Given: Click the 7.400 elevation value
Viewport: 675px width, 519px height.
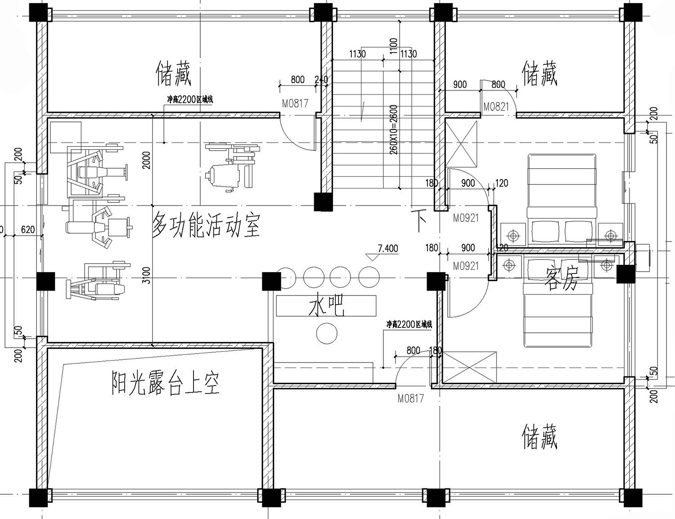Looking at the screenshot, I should point(387,248).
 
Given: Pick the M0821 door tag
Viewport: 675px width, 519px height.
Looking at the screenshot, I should point(496,107).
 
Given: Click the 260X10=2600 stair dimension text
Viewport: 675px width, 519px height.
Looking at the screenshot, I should point(394,129).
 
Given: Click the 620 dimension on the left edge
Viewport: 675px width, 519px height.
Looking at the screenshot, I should point(27,230).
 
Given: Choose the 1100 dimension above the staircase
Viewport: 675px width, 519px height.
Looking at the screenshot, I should point(394,47).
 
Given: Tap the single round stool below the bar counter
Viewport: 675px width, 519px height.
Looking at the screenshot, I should point(327,333).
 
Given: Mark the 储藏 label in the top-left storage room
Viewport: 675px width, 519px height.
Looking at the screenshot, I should point(174,74).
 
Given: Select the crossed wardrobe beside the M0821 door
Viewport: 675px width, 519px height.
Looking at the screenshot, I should point(461,143).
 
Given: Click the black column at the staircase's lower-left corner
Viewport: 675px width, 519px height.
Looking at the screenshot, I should point(323,201).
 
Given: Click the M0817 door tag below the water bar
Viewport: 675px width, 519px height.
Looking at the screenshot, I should point(411,398).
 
